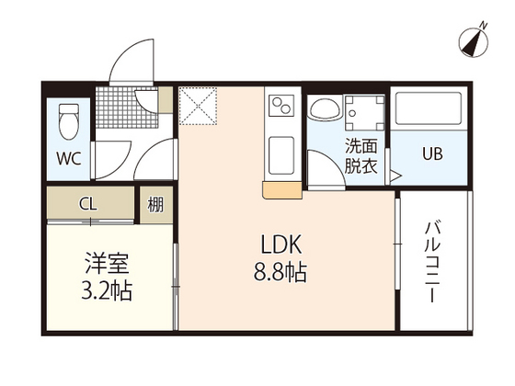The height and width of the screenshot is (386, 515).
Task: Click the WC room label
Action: pos(69,158)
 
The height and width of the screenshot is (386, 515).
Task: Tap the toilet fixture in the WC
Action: pos(69,122)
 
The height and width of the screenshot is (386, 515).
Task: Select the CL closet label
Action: pos(88,204)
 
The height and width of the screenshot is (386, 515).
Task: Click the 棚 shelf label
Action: pos(155,205)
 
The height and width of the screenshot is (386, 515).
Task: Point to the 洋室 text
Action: pos(108,263)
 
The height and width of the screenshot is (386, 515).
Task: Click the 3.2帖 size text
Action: pos(107,290)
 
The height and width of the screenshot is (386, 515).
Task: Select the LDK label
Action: pos(281,244)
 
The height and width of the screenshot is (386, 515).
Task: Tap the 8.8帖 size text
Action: pos(280,272)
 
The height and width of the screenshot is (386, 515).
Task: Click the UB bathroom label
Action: pos(432,153)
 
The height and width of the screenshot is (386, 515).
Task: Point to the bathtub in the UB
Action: pos(429,108)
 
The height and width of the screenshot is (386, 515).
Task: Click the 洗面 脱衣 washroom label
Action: pos(360,156)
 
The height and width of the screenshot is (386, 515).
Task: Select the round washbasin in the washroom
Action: pos(326,108)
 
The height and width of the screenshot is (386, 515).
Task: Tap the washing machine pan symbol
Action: pos(364,112)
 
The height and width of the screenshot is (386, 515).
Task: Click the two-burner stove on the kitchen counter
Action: pos(282,105)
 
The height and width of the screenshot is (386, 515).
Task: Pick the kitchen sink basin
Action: pos(281,155)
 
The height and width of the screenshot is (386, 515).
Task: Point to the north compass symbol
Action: pos(474,41)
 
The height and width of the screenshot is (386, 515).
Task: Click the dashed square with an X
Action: pos(198,106)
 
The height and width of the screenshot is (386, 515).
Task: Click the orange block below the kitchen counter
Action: pos(281,190)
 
